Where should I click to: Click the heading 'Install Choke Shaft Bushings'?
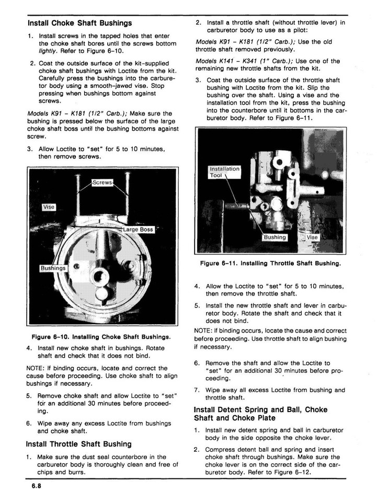coord(79,23)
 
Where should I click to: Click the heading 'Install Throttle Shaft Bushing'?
coord(79,444)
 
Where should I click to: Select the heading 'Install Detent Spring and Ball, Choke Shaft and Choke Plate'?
coord(260,414)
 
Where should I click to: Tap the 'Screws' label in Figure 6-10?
coord(102,182)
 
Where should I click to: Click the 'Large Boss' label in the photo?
coord(138,229)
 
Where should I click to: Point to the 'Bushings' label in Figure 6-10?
coord(54,268)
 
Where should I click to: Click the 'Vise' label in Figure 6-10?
coord(49,207)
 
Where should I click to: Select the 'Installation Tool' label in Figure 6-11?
coord(224,172)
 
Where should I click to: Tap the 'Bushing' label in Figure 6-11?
coord(275,237)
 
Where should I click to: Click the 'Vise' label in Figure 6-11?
coord(312,237)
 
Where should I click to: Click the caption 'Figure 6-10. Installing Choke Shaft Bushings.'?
coord(101,336)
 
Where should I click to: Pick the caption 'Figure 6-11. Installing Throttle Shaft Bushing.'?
coord(270,264)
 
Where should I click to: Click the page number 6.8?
coord(36,486)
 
